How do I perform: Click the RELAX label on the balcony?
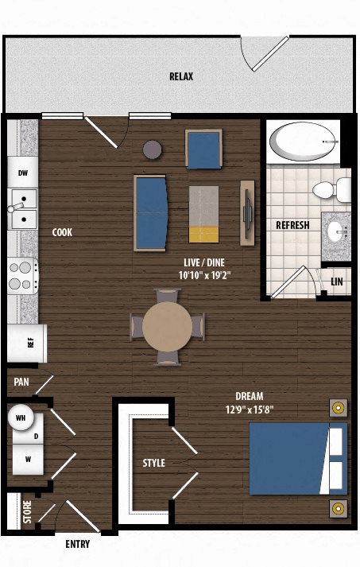click(181, 76)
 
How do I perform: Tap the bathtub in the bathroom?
click(304, 142)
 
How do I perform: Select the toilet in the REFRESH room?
click(332, 189)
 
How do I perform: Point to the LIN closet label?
click(336, 282)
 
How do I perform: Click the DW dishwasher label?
click(23, 173)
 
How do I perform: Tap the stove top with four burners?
click(23, 275)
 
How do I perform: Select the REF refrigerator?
click(27, 344)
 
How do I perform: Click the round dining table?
click(167, 327)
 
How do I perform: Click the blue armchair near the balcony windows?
click(203, 150)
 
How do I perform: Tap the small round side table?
click(152, 150)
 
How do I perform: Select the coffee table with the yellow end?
click(204, 214)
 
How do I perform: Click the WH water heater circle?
click(21, 417)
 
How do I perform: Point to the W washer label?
click(28, 460)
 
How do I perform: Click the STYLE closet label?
click(153, 463)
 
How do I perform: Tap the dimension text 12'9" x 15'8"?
click(250, 410)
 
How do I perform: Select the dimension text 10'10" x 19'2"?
click(204, 275)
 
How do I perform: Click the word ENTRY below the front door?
click(78, 544)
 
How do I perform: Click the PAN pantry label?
click(21, 382)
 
